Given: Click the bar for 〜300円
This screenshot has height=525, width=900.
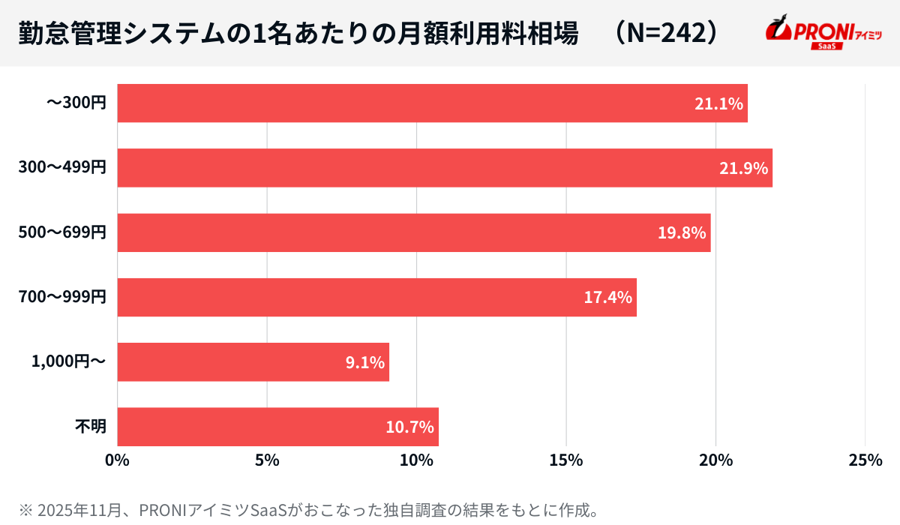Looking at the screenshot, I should [x=432, y=103].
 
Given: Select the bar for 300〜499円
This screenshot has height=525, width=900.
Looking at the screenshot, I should [x=445, y=168].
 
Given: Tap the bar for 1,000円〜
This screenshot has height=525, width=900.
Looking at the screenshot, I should [x=253, y=362].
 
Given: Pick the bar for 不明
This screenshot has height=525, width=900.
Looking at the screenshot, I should [x=277, y=427].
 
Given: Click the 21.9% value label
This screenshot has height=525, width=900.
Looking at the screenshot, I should [x=743, y=169].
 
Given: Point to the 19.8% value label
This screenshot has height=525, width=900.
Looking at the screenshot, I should [x=682, y=233].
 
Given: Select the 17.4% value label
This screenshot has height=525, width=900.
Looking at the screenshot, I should [x=608, y=298].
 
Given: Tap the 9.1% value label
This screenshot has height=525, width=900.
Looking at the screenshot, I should [x=364, y=363].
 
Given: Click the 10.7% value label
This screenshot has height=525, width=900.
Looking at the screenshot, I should [x=409, y=427].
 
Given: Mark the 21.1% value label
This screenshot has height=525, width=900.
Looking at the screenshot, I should [x=718, y=104].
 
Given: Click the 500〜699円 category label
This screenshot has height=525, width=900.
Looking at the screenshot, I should [x=62, y=233].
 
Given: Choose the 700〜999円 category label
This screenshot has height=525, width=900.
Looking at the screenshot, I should [x=62, y=298].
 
